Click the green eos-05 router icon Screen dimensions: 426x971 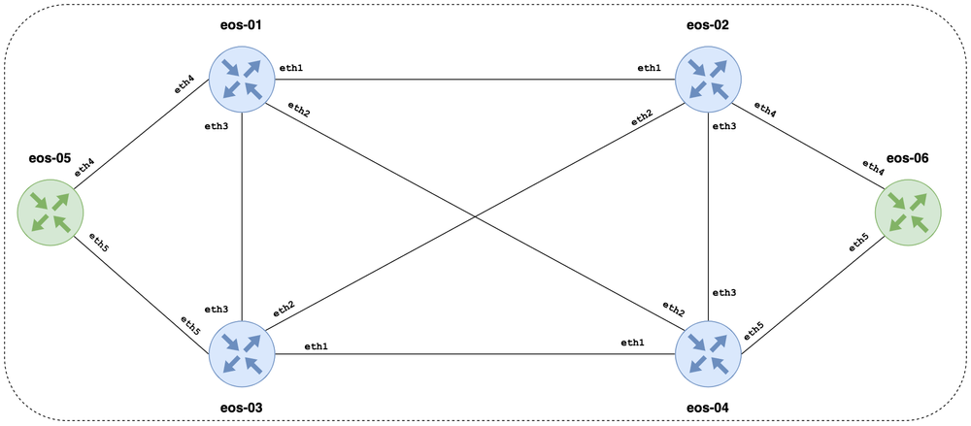tap(50, 213)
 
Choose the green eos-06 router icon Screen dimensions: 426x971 tap(907, 213)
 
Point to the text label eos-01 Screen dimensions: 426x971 tap(241, 22)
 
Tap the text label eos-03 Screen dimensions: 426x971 tap(241, 409)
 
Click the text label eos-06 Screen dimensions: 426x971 tap(907, 157)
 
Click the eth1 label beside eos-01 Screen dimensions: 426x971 tap(291, 68)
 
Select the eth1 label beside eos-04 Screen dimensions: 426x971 tap(634, 343)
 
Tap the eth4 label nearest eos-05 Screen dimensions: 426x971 tap(84, 168)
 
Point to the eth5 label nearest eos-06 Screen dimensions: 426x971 tap(858, 241)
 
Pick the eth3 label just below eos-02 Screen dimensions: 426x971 tap(724, 125)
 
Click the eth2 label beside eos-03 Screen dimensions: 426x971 tap(283, 310)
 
